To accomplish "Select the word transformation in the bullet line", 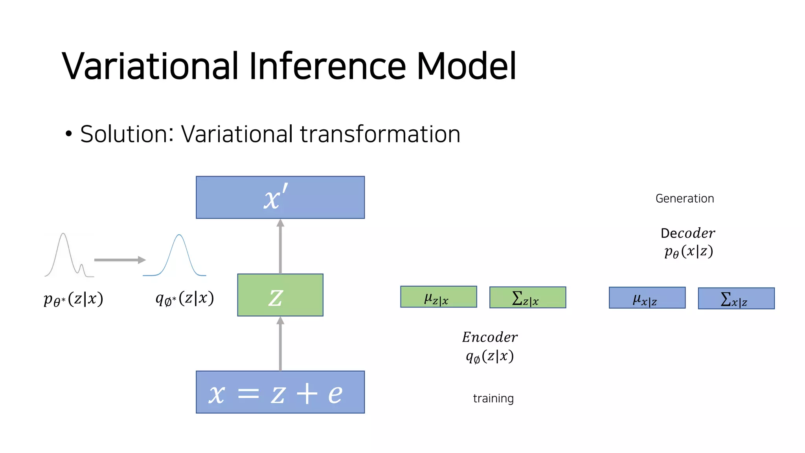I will pyautogui.click(x=380, y=134).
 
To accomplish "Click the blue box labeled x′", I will pyautogui.click(x=280, y=197).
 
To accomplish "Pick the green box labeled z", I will pyautogui.click(x=280, y=295).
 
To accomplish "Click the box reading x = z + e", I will pyautogui.click(x=280, y=392).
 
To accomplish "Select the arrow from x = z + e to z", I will pyautogui.click(x=280, y=344).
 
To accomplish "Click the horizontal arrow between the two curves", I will pyautogui.click(x=119, y=260).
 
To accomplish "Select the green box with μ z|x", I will pyautogui.click(x=438, y=297).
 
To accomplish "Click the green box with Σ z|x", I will pyautogui.click(x=527, y=297).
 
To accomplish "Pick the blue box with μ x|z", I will pyautogui.click(x=647, y=298).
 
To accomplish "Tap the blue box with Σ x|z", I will pyautogui.click(x=736, y=298).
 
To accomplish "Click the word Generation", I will pyautogui.click(x=685, y=199).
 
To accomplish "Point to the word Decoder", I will pyautogui.click(x=687, y=233).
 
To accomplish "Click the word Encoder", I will pyautogui.click(x=490, y=337).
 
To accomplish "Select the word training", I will pyautogui.click(x=493, y=398).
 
